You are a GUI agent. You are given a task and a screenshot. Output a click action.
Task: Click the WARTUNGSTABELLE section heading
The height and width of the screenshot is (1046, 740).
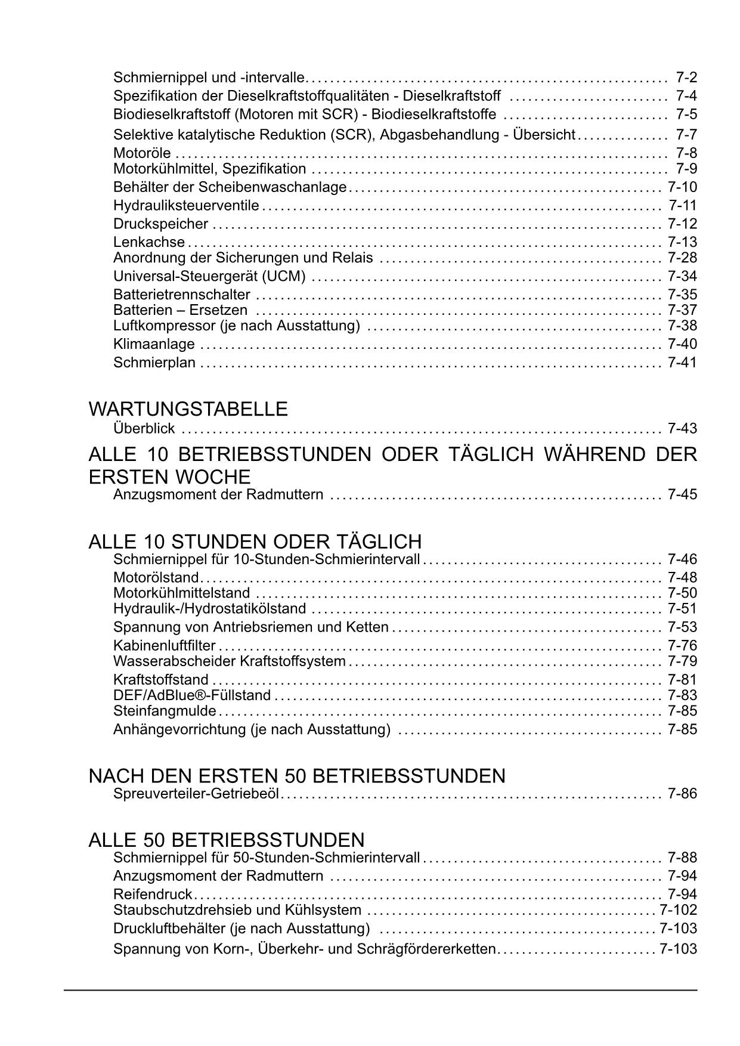point(188,409)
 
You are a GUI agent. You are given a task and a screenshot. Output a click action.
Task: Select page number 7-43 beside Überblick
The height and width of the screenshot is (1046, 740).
point(682,428)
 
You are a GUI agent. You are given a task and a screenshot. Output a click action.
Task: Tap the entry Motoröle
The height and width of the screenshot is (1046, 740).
point(142,153)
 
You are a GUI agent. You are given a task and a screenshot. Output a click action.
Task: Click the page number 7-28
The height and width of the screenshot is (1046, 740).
point(682,258)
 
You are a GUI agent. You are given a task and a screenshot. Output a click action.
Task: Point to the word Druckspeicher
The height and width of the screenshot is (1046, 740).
point(160,224)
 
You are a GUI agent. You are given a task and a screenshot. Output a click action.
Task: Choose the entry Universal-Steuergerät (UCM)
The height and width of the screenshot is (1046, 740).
point(209,276)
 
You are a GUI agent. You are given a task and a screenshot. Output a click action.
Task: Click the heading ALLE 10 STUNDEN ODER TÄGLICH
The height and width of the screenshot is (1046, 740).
point(255,541)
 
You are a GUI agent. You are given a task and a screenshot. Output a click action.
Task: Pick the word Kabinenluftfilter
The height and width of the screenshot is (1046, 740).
point(164,645)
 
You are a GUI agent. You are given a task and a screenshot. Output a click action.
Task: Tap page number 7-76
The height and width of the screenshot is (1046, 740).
point(682,645)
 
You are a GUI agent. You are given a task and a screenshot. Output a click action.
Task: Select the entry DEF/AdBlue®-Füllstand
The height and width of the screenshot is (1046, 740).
point(192,695)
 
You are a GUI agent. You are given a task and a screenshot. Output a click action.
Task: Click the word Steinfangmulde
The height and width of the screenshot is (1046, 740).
point(165,711)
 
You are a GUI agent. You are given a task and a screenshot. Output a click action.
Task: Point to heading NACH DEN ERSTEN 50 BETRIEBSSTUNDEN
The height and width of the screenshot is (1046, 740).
point(296,776)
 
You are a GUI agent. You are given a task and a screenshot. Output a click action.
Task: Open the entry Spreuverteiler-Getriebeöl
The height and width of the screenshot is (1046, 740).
point(196,794)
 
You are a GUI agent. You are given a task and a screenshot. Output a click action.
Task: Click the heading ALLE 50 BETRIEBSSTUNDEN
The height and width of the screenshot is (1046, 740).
point(226,840)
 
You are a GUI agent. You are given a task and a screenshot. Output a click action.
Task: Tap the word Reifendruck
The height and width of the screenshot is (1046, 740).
point(153,895)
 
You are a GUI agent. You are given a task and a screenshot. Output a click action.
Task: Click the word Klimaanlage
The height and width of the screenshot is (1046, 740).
point(154,344)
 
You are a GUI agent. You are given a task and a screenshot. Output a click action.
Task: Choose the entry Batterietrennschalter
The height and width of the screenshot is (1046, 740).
point(182,295)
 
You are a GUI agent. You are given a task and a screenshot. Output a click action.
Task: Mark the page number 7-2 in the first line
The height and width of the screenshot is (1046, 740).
point(686,78)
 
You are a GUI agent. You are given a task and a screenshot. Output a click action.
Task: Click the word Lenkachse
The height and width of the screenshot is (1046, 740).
point(149,242)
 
